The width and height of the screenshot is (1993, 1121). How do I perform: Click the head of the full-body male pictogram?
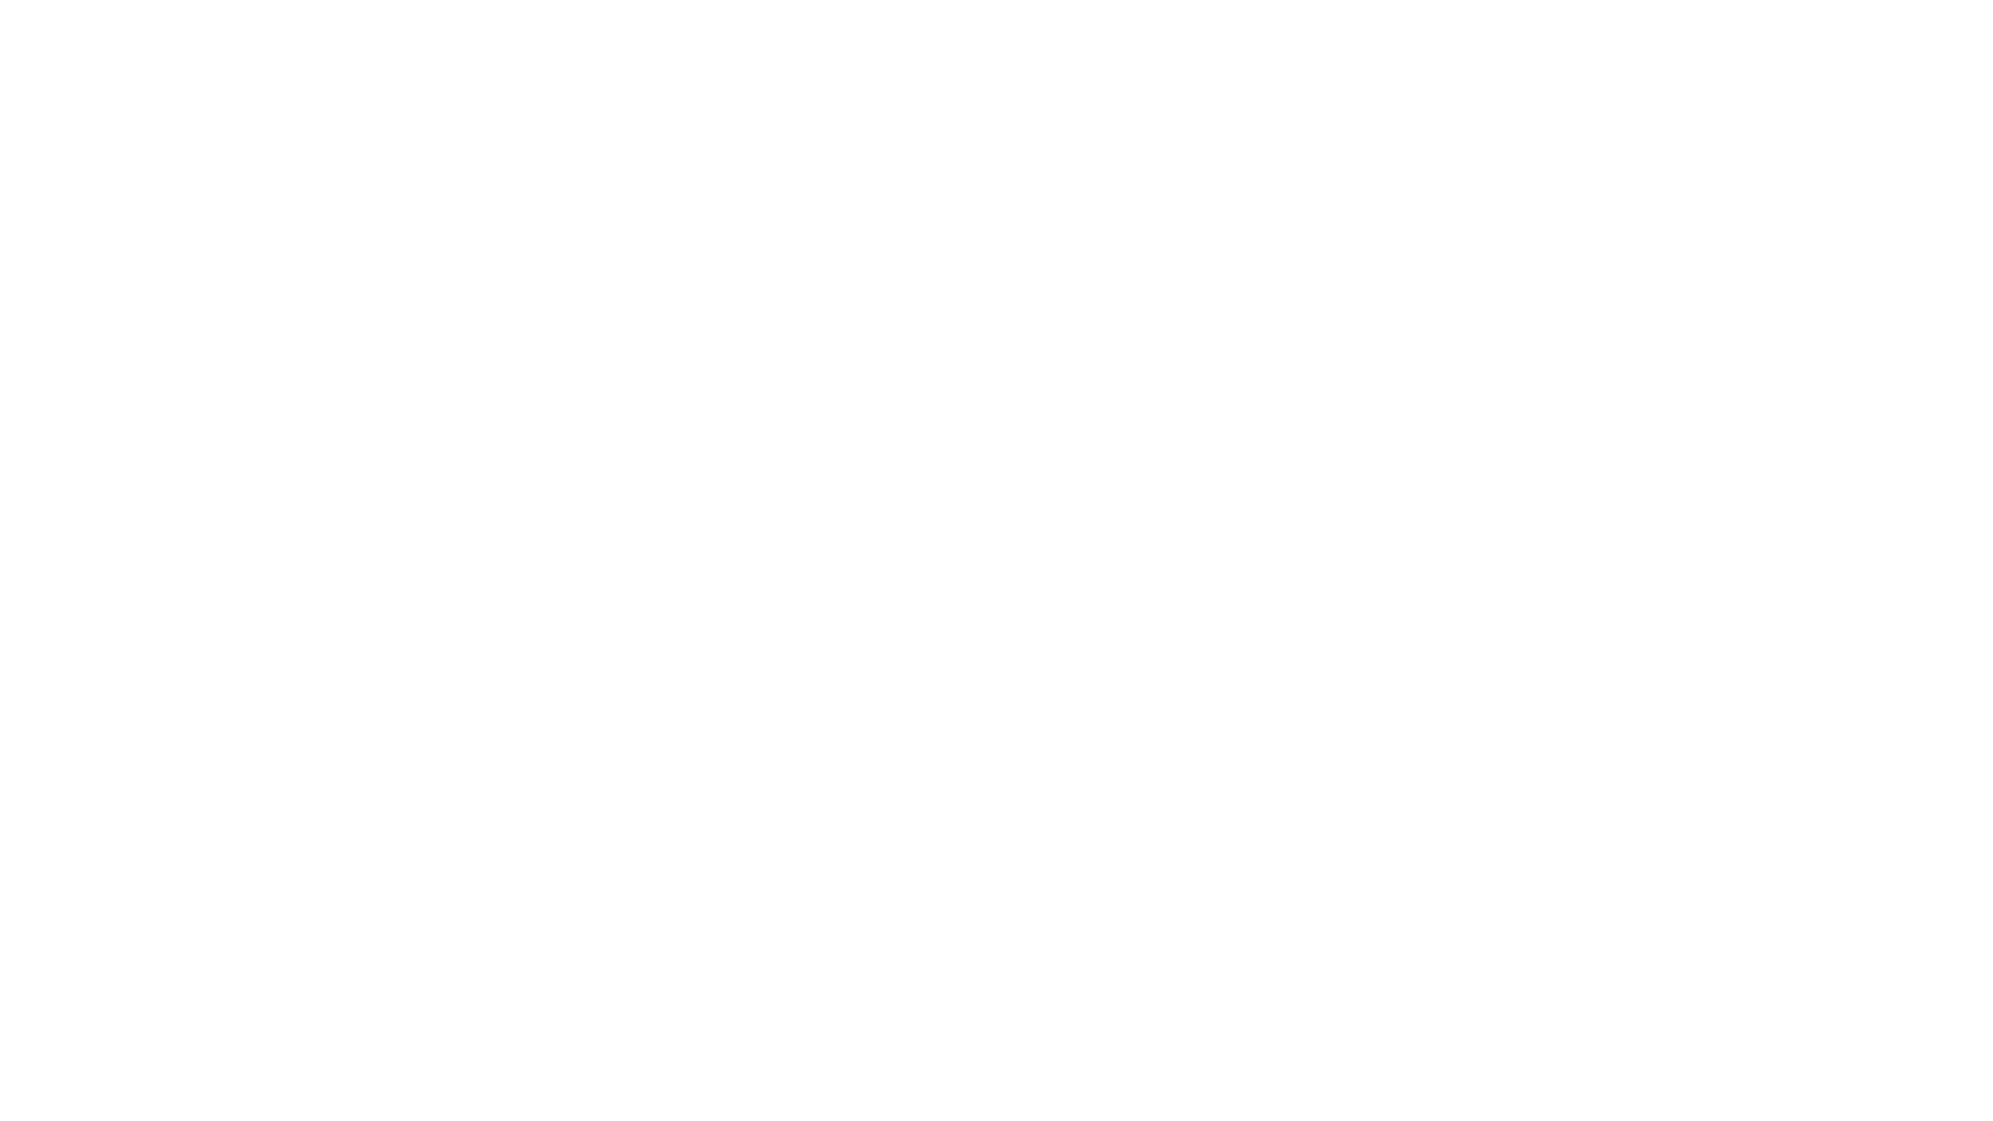330,444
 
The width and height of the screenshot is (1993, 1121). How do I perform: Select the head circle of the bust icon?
615,444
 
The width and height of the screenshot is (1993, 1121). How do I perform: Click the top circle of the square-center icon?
942,445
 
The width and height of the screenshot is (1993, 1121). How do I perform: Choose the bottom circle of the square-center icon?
942,685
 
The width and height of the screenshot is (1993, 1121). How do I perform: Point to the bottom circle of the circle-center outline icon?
1307,685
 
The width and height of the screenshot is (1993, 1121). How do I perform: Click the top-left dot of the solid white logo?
1568,479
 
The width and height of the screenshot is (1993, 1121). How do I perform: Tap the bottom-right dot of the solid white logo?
1738,650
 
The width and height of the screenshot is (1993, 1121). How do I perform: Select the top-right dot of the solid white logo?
1738,479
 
